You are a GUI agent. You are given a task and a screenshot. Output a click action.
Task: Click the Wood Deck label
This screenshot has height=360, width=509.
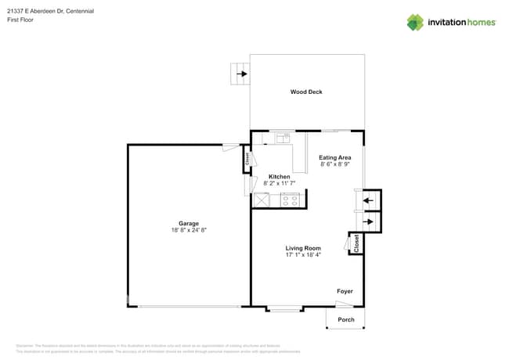click(306, 92)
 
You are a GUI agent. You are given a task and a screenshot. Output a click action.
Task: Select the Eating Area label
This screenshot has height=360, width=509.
click(334, 157)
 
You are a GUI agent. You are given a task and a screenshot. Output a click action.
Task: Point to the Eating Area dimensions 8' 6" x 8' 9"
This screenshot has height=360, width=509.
click(334, 165)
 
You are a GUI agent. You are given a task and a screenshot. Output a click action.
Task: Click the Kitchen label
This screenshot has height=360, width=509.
click(279, 176)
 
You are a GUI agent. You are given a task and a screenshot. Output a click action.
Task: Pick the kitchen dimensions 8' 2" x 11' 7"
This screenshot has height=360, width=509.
click(279, 184)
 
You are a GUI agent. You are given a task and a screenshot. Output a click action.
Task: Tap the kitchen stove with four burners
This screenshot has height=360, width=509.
click(290, 200)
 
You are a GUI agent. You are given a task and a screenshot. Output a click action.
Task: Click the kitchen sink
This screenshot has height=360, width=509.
click(283, 138)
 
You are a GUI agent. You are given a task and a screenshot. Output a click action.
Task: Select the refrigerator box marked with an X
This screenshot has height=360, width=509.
click(262, 200)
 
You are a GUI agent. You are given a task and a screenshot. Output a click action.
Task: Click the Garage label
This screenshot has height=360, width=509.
click(188, 223)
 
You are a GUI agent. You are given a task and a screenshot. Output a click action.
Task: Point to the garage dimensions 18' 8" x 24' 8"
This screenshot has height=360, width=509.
click(188, 231)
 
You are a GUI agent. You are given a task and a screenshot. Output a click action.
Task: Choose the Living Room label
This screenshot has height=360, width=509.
click(302, 247)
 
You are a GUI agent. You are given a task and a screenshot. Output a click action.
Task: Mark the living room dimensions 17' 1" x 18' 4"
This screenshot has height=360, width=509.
click(302, 255)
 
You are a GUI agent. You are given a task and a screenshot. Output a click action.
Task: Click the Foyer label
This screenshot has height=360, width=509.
click(345, 291)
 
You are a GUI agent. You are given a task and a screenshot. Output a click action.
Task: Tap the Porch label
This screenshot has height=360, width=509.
click(345, 319)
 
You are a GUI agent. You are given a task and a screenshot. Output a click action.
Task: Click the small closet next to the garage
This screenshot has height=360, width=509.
click(247, 159)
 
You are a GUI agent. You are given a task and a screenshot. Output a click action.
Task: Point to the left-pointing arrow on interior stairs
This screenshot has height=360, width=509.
click(369, 200)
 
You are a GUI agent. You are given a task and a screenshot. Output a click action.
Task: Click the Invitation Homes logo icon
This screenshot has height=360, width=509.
click(415, 22)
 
